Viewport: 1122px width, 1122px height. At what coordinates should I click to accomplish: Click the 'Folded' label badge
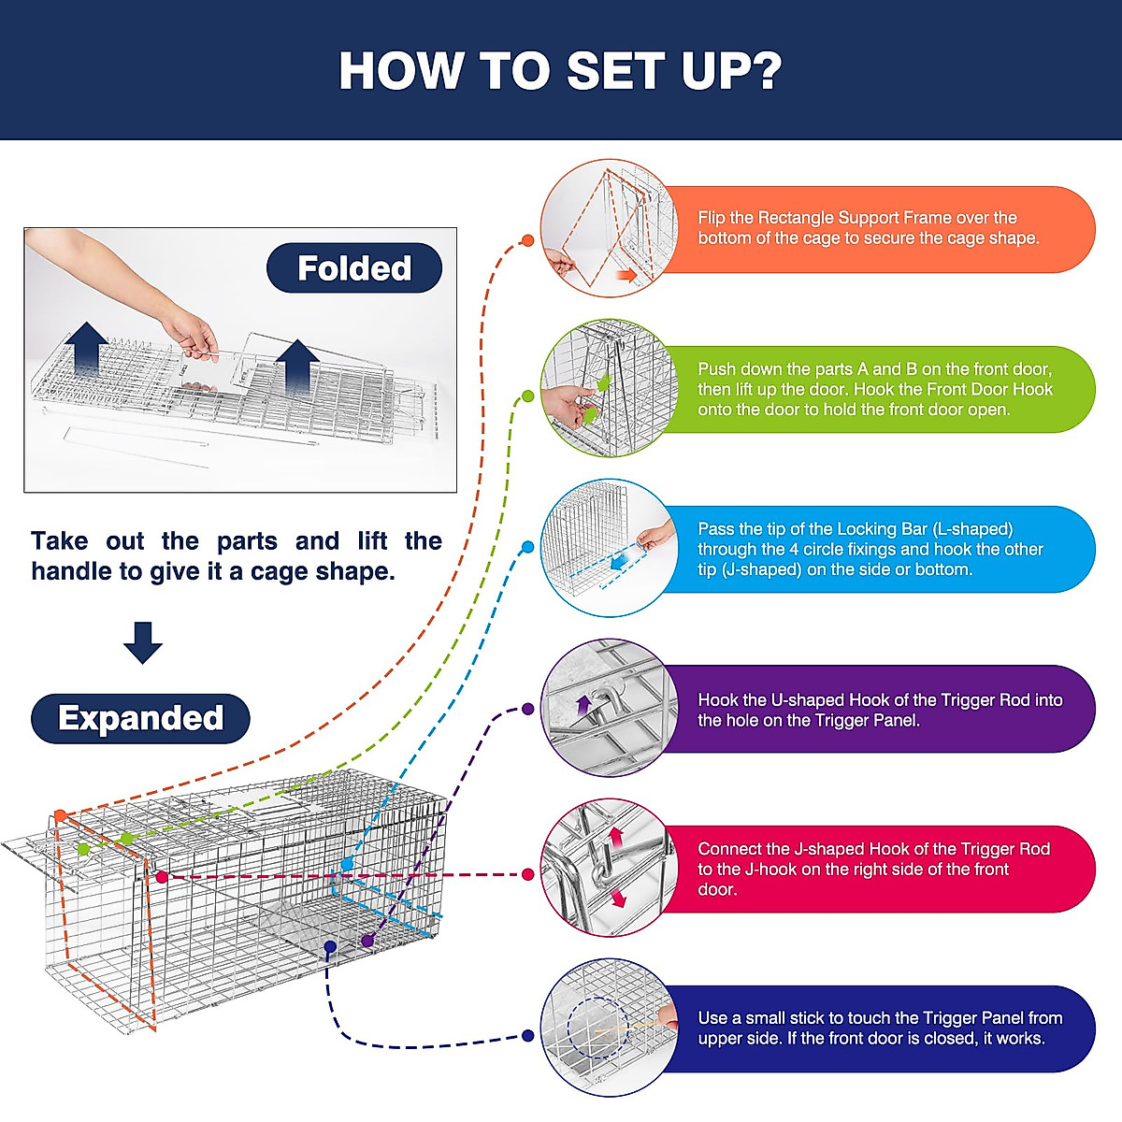[354, 267]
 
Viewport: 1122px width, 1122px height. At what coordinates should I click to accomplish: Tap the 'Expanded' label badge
[140, 718]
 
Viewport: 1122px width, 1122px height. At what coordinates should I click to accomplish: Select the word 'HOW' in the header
[399, 70]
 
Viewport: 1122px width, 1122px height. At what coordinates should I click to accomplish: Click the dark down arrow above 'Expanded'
[143, 642]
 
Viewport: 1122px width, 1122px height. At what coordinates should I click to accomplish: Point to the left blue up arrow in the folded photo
[87, 351]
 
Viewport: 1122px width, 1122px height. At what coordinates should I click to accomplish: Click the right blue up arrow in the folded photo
[297, 367]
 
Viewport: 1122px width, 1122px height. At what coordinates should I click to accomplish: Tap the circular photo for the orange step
[609, 228]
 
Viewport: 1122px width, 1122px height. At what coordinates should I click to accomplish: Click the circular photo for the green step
[609, 388]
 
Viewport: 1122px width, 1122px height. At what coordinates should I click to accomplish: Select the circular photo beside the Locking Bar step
[609, 548]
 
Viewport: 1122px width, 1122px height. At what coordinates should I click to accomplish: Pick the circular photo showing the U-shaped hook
[609, 708]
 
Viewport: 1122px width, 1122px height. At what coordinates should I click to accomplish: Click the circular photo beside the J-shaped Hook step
[609, 868]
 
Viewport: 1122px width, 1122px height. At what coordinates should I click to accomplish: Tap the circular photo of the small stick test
[609, 1028]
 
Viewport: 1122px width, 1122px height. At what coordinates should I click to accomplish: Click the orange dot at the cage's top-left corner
[61, 815]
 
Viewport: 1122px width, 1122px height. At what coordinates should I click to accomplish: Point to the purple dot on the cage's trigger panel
[367, 941]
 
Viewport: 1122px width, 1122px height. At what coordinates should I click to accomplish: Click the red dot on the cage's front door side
[161, 877]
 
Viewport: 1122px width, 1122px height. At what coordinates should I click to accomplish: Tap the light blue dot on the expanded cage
[347, 865]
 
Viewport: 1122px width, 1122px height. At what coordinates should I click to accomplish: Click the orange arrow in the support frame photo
[626, 276]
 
